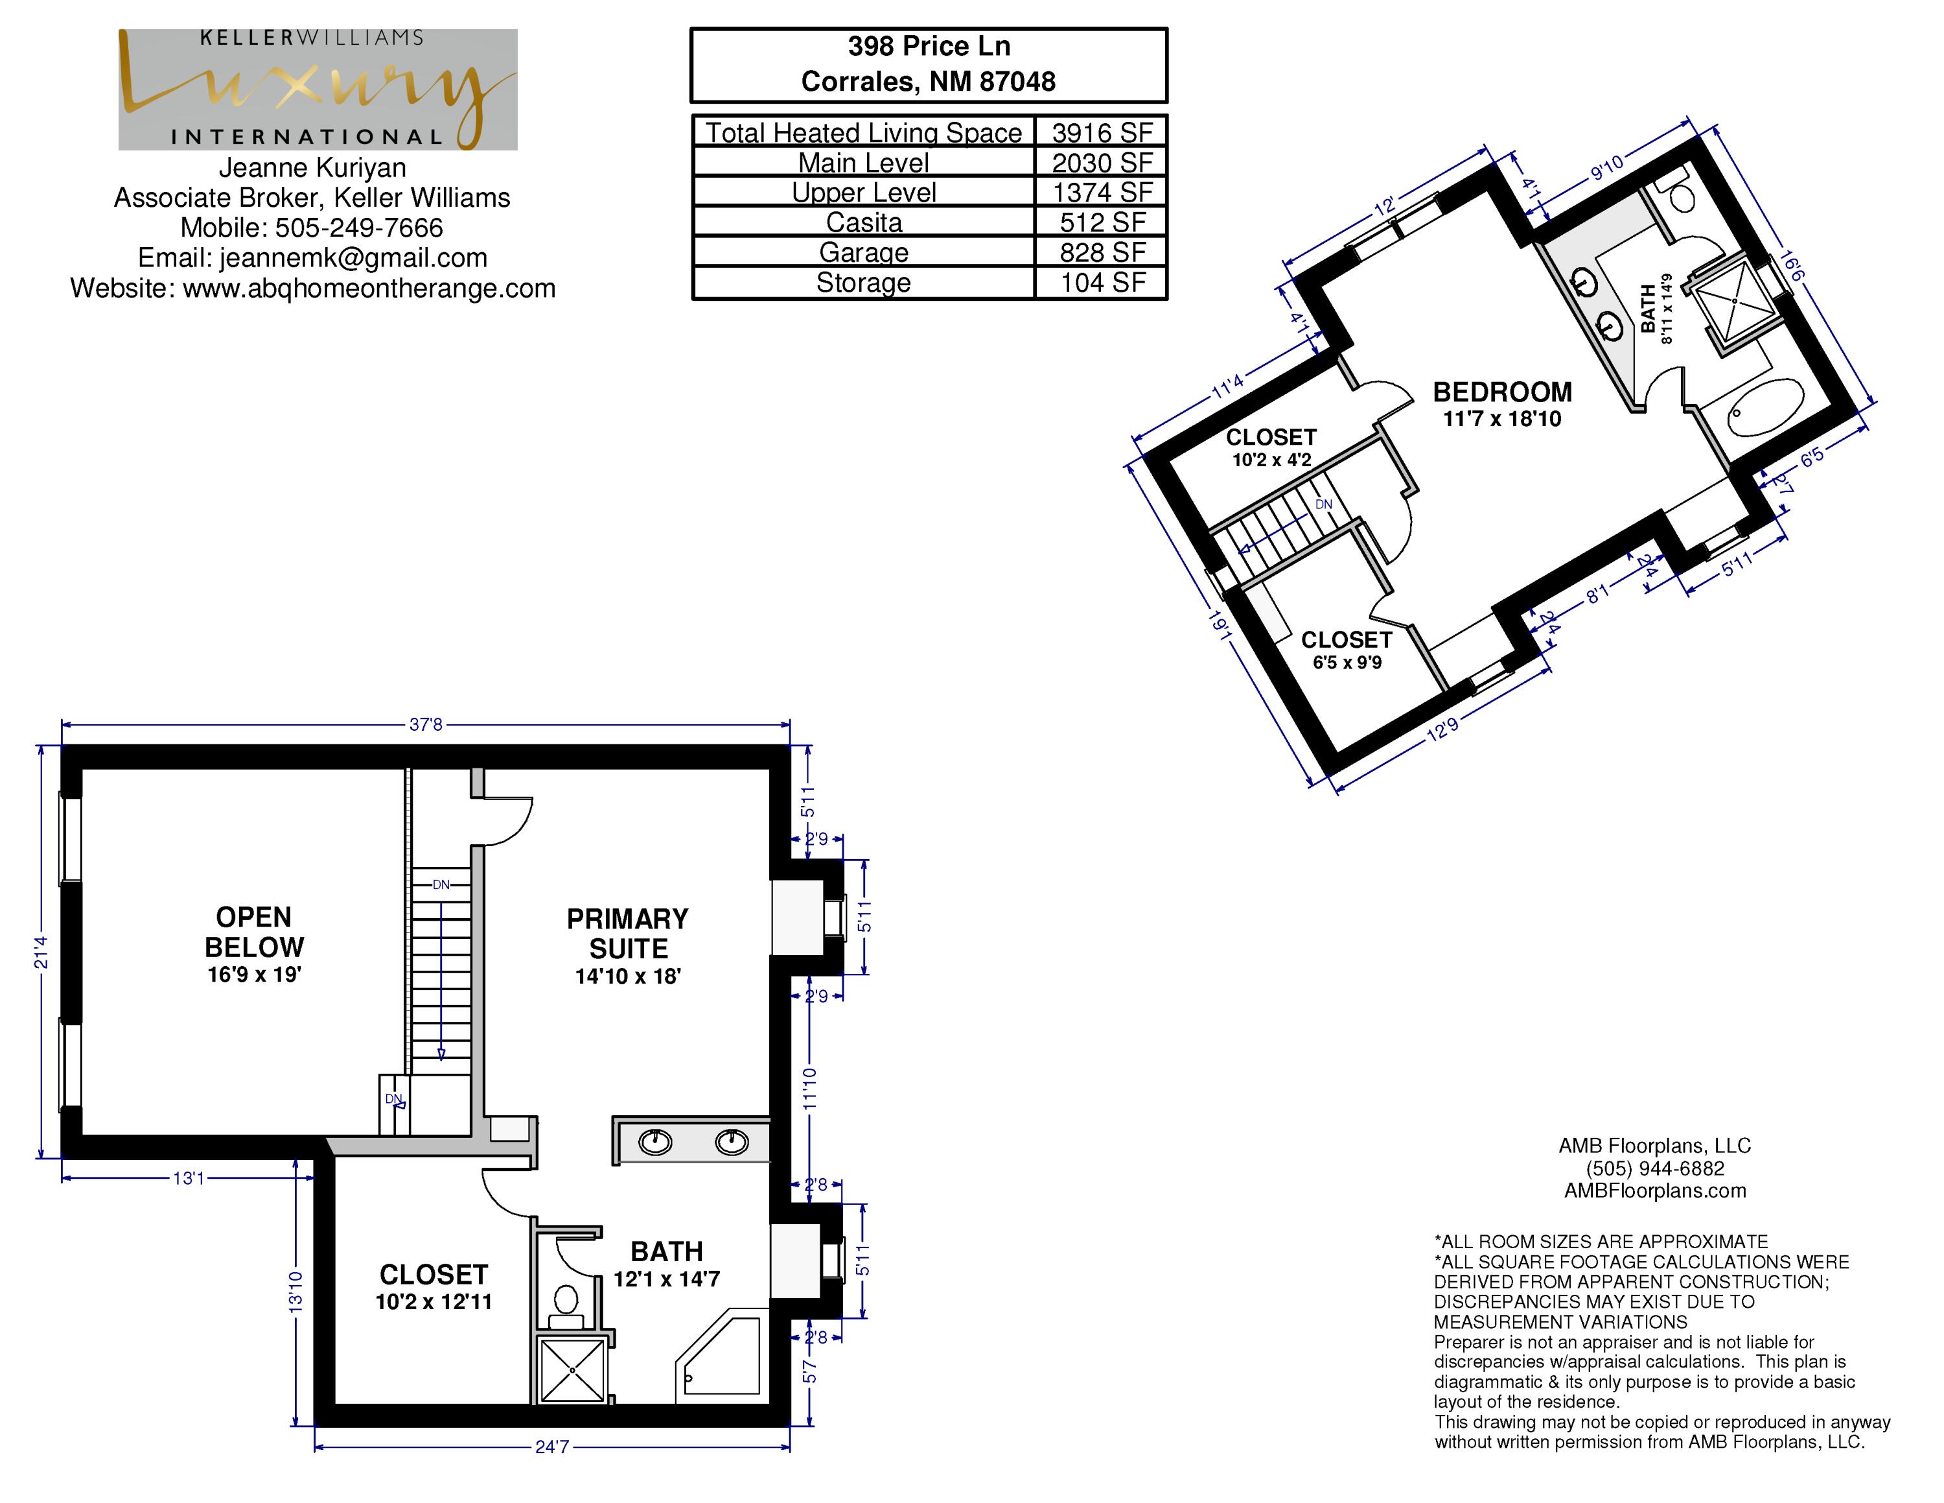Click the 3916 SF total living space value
pyautogui.click(x=1102, y=133)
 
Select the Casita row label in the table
pyautogui.click(x=863, y=222)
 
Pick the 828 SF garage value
pyautogui.click(x=1102, y=253)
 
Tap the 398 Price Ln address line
pyautogui.click(x=929, y=46)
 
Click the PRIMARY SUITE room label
pyautogui.click(x=627, y=933)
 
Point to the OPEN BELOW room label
pyautogui.click(x=255, y=931)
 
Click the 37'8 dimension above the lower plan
pyautogui.click(x=426, y=725)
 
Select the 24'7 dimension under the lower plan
pyautogui.click(x=552, y=1447)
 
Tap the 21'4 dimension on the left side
pyautogui.click(x=41, y=952)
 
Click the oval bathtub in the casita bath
pyautogui.click(x=1766, y=408)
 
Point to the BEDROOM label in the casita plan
pyautogui.click(x=1503, y=392)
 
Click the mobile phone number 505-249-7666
pyautogui.click(x=359, y=228)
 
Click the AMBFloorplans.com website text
pyautogui.click(x=1655, y=1190)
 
